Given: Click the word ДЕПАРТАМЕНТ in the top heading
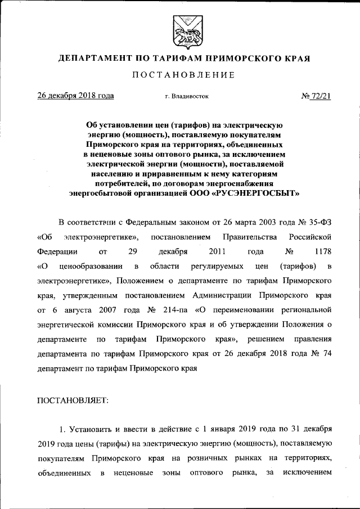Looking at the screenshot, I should tap(92, 58).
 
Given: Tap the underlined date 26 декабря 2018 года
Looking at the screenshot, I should tap(75, 96).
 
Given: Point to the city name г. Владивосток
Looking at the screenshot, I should tap(187, 97).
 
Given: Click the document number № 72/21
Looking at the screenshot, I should tap(316, 96).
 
